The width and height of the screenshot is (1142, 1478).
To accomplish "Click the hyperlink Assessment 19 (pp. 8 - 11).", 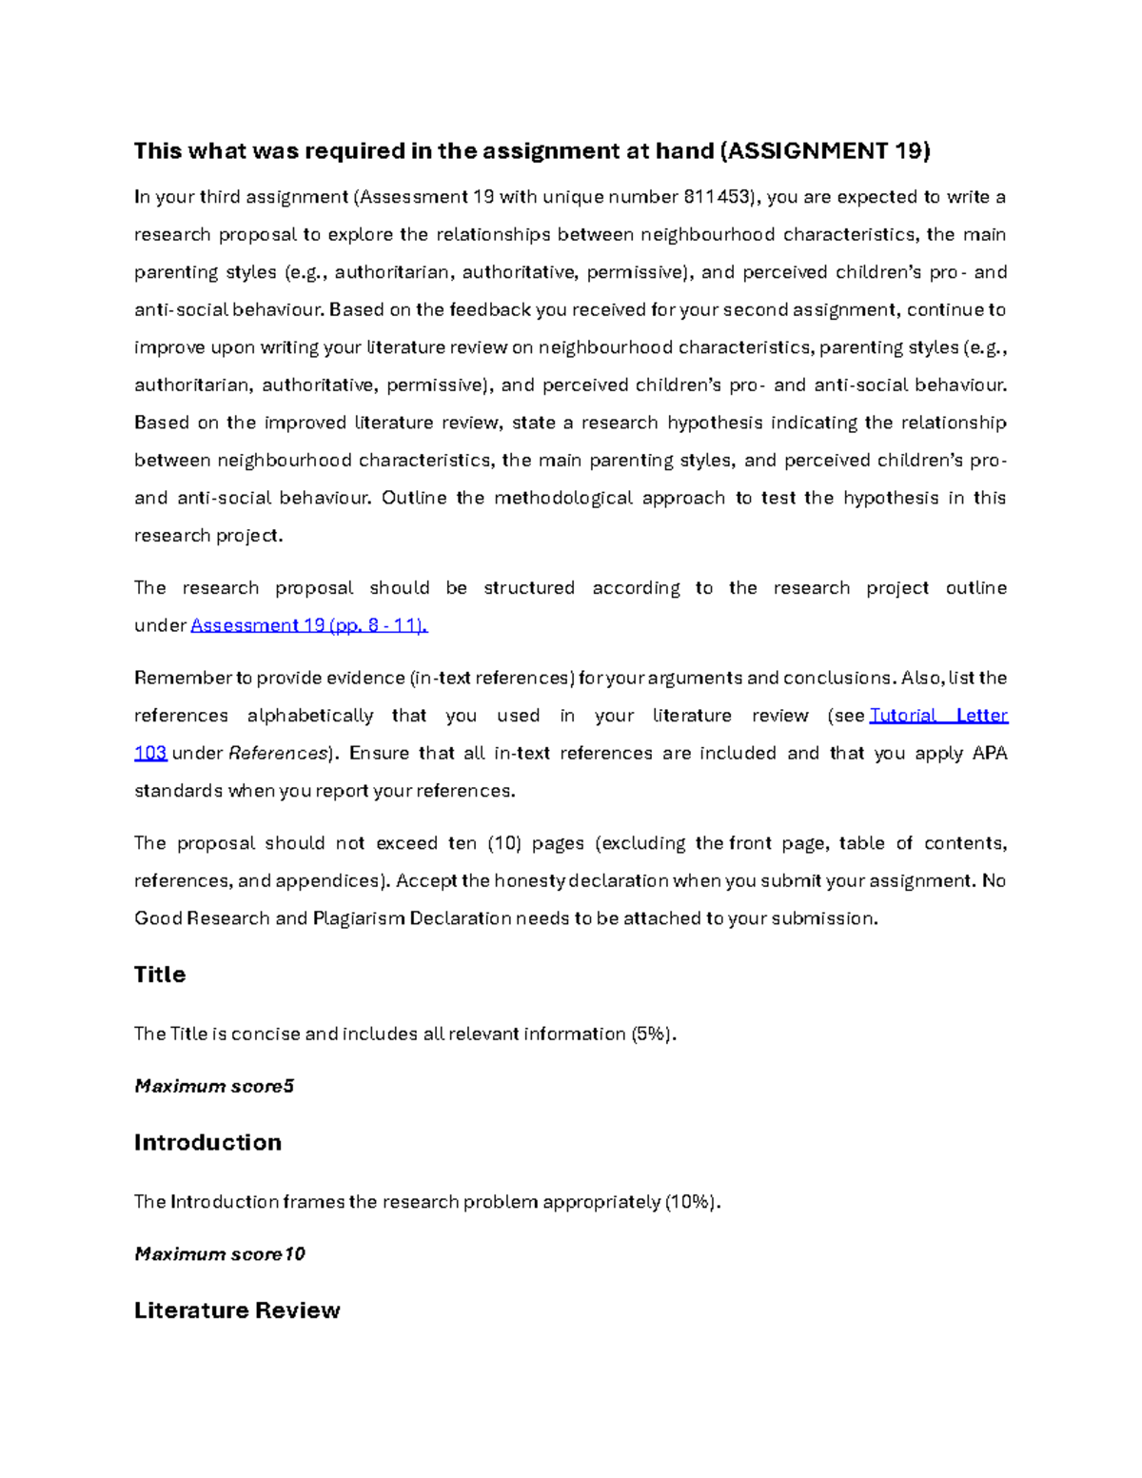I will click(309, 625).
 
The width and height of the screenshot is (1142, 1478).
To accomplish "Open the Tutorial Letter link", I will click(938, 716).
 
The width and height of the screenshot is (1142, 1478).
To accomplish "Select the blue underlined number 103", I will click(150, 754).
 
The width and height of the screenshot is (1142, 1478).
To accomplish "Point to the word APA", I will click(989, 754).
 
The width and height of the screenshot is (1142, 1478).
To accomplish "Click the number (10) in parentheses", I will click(503, 843).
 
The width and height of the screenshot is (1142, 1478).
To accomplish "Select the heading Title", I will click(160, 975).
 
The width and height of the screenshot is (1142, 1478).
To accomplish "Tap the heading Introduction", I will click(207, 1142).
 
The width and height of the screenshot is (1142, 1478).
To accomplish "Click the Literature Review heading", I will click(237, 1310).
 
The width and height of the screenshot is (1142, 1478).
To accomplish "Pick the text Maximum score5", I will click(214, 1086).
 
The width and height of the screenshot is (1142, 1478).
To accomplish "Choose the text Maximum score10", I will click(220, 1254).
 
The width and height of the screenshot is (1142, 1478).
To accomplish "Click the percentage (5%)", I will click(653, 1034).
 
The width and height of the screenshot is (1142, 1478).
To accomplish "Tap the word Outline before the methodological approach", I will click(414, 498).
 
